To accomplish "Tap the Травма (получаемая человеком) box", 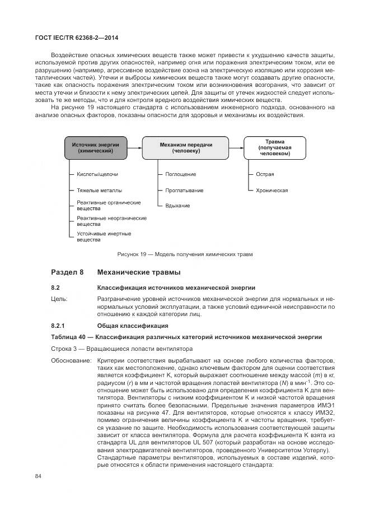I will (274, 147).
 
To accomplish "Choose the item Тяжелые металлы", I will (99, 191).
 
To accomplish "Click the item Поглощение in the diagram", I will (180, 175).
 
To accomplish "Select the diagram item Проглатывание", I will (184, 191).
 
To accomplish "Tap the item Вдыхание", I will (177, 206).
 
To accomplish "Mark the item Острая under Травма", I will (265, 175).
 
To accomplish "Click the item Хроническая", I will (272, 191).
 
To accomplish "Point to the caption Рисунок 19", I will (185, 254).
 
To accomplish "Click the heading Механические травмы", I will (139, 273).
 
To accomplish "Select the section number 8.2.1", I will (59, 326).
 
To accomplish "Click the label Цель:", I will (59, 299).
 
